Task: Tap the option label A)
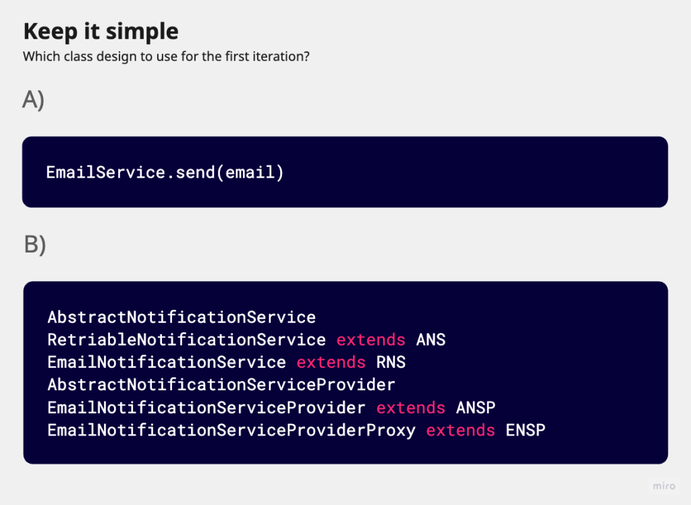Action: point(34,99)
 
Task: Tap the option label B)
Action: point(35,244)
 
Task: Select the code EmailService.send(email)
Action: point(165,172)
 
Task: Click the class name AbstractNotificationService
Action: point(182,317)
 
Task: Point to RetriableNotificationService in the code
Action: point(187,340)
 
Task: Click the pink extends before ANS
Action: point(370,340)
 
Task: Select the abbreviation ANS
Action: point(431,340)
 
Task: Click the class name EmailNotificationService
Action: point(167,363)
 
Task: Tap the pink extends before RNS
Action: point(331,363)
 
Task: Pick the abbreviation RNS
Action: point(391,363)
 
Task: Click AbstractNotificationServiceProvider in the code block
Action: point(221,385)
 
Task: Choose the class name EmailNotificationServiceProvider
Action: point(206,408)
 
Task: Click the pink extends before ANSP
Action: point(411,408)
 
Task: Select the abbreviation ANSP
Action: point(476,408)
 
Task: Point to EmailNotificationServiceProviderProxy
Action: point(231,431)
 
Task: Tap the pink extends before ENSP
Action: point(460,431)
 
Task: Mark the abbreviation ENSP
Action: point(526,431)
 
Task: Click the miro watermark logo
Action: point(664,486)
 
